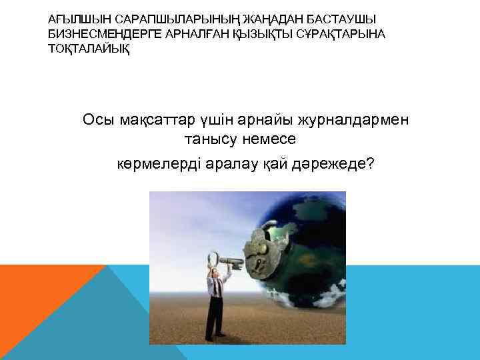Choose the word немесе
coord(269,141)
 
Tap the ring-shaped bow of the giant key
coord(215,259)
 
